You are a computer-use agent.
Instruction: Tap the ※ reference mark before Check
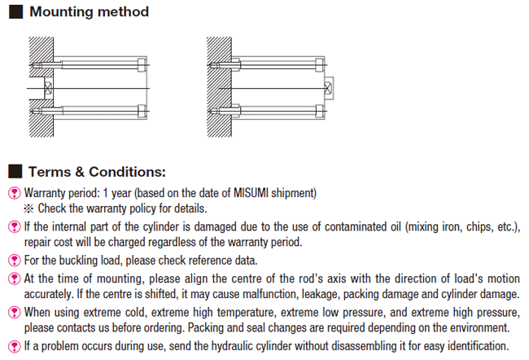point(32,208)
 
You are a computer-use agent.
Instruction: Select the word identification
point(471,346)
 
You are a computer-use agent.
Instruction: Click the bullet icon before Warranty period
point(14,194)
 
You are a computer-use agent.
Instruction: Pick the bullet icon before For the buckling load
point(14,261)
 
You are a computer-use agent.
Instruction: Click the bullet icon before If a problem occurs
point(14,346)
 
